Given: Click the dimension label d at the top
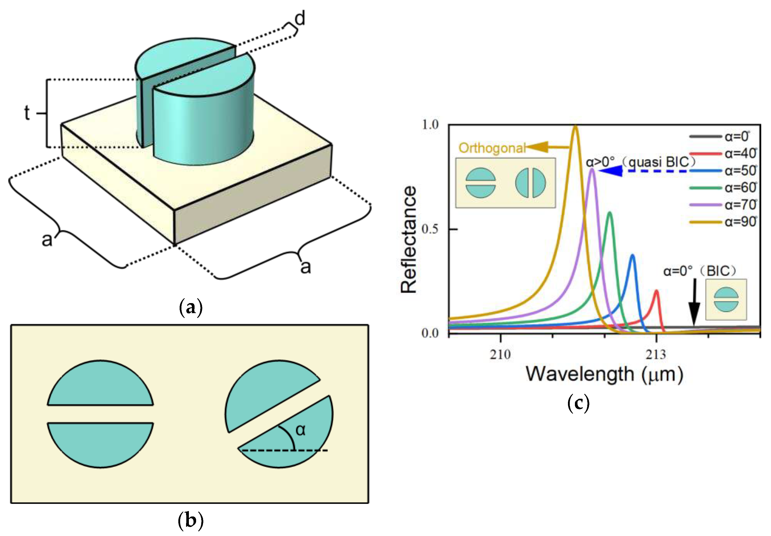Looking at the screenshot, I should (x=300, y=19).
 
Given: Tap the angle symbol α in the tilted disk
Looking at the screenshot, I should (x=301, y=430).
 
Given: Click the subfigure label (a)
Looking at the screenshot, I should (x=191, y=307).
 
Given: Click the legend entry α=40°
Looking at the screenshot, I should (x=740, y=154).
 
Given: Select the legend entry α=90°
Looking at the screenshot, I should (x=740, y=222).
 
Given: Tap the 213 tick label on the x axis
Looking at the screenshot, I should (x=655, y=355).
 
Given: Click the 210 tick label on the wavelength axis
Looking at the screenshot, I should (x=500, y=355).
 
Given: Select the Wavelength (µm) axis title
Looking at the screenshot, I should (x=604, y=374).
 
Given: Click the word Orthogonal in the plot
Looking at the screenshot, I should (x=492, y=148).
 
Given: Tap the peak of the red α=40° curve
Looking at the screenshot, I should (x=656, y=291).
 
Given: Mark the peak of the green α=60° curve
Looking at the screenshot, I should (x=609, y=213).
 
